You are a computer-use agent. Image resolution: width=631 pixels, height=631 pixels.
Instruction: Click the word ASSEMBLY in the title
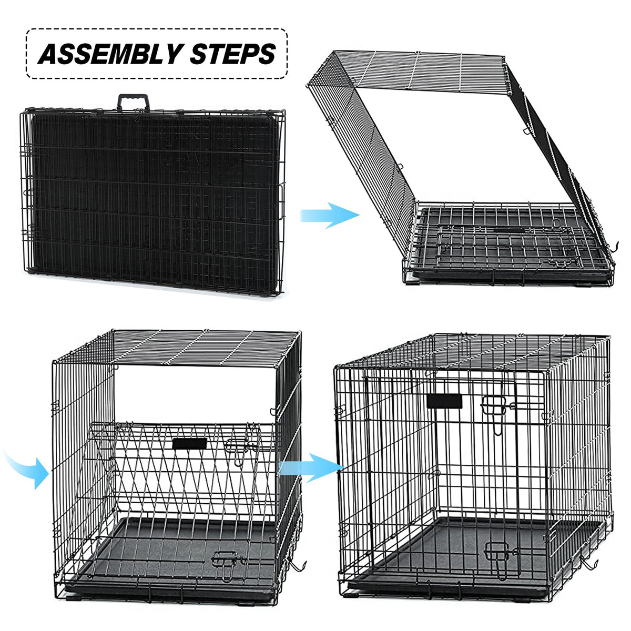tap(110, 54)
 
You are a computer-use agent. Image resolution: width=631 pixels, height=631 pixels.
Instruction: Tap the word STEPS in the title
tap(233, 54)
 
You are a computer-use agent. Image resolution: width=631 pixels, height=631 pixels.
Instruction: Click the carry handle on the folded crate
tap(133, 103)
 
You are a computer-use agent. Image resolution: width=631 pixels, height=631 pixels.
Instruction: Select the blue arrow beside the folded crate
tap(329, 215)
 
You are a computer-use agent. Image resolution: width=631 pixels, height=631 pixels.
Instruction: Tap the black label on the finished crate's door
tap(444, 401)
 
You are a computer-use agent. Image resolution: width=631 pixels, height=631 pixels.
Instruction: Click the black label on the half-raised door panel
tap(190, 444)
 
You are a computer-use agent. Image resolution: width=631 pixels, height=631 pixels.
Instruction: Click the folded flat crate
tap(153, 200)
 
